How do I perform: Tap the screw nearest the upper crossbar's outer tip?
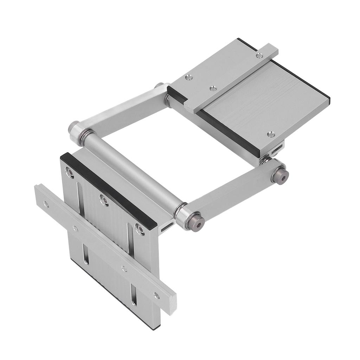[x=259, y=56]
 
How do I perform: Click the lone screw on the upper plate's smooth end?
[x=270, y=134]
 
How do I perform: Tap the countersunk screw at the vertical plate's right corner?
[x=140, y=230]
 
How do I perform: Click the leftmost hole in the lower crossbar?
[x=45, y=203]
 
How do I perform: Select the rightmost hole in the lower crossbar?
[x=156, y=295]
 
